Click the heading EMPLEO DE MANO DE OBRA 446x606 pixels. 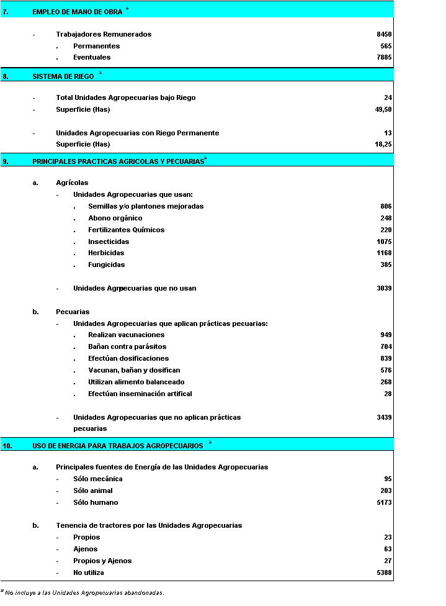pyautogui.click(x=77, y=11)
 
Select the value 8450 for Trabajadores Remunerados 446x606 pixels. pyautogui.click(x=384, y=34)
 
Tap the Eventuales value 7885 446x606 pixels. pyautogui.click(x=384, y=57)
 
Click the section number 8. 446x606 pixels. pyautogui.click(x=6, y=76)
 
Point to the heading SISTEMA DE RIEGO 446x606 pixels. pyautogui.click(x=63, y=76)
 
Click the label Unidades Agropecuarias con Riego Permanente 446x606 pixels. pyautogui.click(x=137, y=133)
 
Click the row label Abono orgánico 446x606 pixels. pyautogui.click(x=115, y=218)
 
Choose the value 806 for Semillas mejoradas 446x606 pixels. pyautogui.click(x=386, y=206)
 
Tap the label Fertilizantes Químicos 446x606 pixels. pyautogui.click(x=127, y=230)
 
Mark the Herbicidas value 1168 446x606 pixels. pyautogui.click(x=384, y=253)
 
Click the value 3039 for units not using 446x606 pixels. pyautogui.click(x=384, y=288)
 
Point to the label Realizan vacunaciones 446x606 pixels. pyautogui.click(x=127, y=335)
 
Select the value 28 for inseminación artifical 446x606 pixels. pyautogui.click(x=388, y=394)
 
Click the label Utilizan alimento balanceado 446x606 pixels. pyautogui.click(x=136, y=382)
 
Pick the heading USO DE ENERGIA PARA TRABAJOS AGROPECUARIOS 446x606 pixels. pyautogui.click(x=117, y=445)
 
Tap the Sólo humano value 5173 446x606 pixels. pyautogui.click(x=384, y=502)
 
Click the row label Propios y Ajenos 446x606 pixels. pyautogui.click(x=102, y=561)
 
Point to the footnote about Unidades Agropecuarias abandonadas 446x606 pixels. pyautogui.click(x=84, y=593)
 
